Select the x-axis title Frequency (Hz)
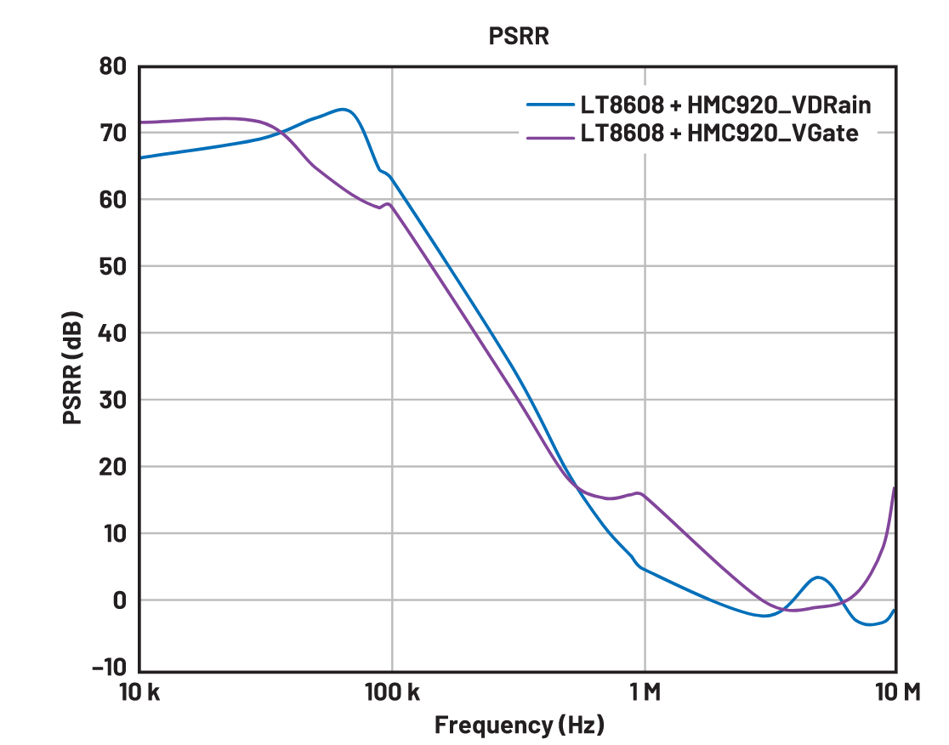pos(519,725)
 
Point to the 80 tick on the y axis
pos(112,66)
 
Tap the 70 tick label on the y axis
pos(112,133)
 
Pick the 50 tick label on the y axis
pos(112,266)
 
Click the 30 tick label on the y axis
pos(112,400)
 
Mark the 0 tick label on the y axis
pos(119,600)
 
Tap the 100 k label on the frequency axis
pos(392,691)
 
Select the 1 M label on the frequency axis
pos(645,691)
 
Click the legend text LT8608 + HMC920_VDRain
pos(726,106)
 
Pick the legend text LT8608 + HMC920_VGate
pos(719,134)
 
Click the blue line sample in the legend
pos(549,106)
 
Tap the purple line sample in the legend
pos(549,134)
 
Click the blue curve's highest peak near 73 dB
pos(343,110)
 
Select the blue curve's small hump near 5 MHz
pos(817,577)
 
